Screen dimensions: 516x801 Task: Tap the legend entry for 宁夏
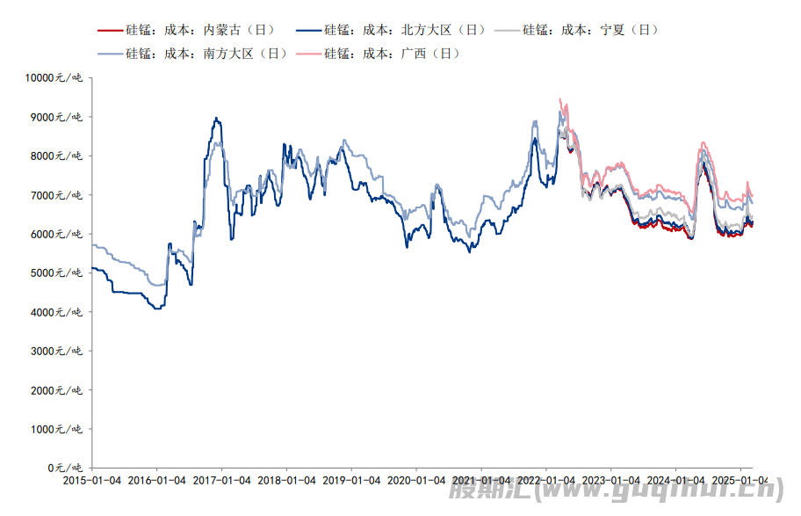[x=590, y=30]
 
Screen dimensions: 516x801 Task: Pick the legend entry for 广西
[x=392, y=53]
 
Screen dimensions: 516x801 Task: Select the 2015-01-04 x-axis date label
[x=92, y=482]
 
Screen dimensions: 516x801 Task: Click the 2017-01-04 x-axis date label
[x=222, y=482]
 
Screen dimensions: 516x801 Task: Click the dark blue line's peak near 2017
[x=216, y=118]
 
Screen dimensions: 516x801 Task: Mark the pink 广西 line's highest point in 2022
[x=560, y=99]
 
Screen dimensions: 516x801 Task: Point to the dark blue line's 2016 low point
[x=156, y=309]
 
